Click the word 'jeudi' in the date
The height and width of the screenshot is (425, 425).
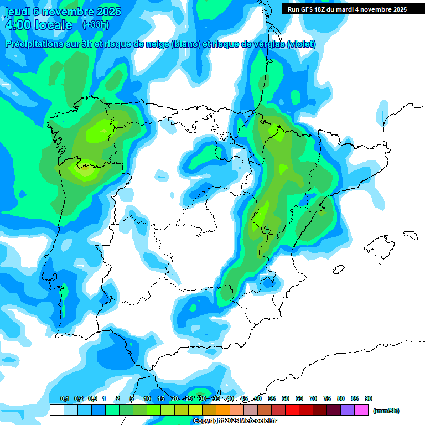tap(18, 12)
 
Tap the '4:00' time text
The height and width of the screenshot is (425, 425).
tap(18, 25)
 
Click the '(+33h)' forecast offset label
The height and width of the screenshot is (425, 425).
tap(96, 25)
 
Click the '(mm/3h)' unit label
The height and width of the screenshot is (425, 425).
tap(386, 411)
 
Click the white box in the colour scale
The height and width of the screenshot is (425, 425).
tap(56, 410)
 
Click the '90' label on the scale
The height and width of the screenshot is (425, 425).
tap(369, 398)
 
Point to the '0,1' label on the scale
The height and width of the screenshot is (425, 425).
tap(64, 398)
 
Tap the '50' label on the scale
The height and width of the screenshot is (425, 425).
tap(258, 398)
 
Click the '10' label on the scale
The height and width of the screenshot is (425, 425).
tap(147, 398)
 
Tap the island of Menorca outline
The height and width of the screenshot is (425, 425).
tap(410, 234)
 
